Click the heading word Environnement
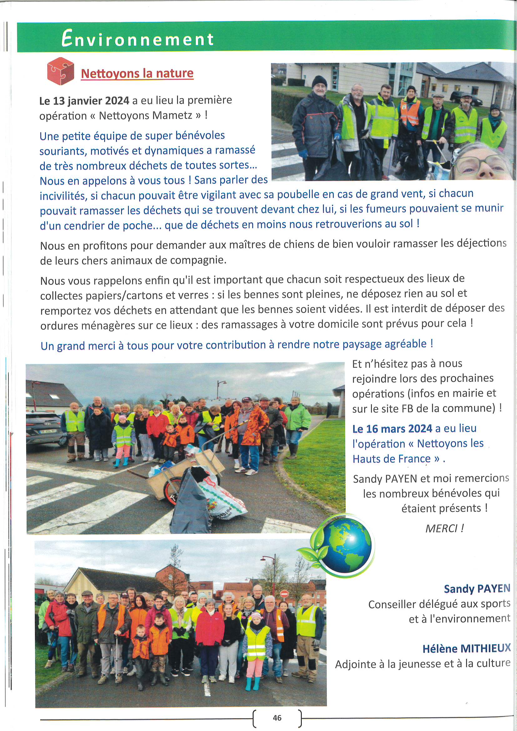[137, 39]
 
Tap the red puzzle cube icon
[60, 71]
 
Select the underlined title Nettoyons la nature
[137, 73]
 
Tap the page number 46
[277, 718]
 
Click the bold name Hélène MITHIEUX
[466, 648]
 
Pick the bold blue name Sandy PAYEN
[477, 589]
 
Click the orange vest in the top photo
[410, 112]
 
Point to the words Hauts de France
[392, 459]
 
